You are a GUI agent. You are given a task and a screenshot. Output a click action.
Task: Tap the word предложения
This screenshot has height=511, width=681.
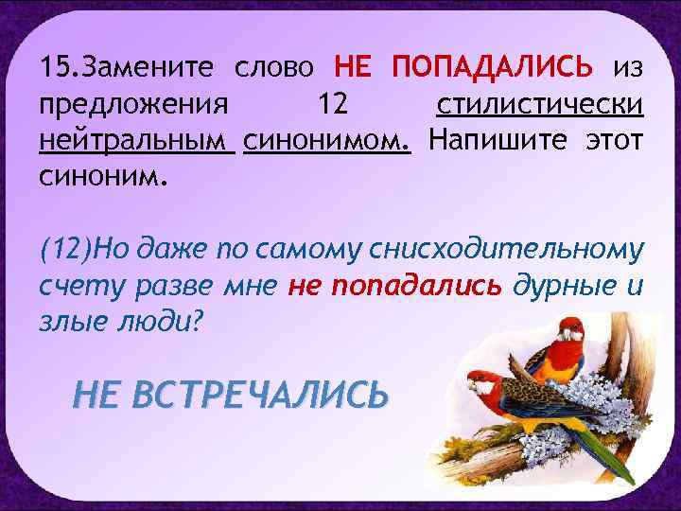coord(132,104)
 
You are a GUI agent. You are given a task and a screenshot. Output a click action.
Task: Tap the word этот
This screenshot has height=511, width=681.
coord(612,140)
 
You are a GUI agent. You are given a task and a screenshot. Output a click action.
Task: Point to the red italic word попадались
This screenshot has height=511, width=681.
coord(394,285)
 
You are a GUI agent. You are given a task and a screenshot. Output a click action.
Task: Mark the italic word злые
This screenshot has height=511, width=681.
coord(71,320)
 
